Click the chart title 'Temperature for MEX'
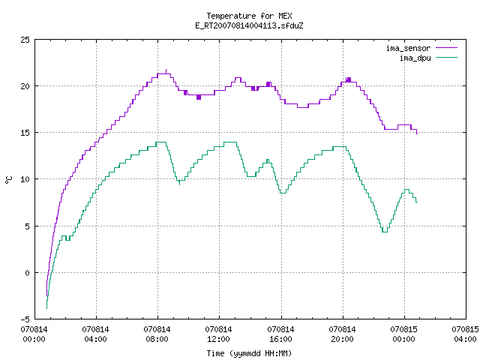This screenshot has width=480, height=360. pyautogui.click(x=249, y=16)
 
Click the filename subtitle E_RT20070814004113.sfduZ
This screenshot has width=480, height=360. pyautogui.click(x=249, y=25)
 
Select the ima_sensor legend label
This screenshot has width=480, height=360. pyautogui.click(x=408, y=48)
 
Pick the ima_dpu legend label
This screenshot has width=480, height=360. pyautogui.click(x=415, y=58)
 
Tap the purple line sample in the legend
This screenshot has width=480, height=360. pyautogui.click(x=446, y=48)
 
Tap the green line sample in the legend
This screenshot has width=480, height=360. pyautogui.click(x=446, y=58)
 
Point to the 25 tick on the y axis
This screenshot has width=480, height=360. pyautogui.click(x=25, y=40)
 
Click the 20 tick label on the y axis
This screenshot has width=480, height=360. pyautogui.click(x=25, y=86)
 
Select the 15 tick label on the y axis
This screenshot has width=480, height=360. pyautogui.click(x=25, y=133)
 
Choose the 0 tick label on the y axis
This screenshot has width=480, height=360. pyautogui.click(x=27, y=273)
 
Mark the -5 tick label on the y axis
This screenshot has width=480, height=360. pyautogui.click(x=25, y=319)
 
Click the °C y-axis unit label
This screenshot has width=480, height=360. pyautogui.click(x=9, y=180)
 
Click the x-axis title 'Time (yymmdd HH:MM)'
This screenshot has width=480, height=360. pyautogui.click(x=249, y=353)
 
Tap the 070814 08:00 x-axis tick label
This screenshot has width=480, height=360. pyautogui.click(x=157, y=334)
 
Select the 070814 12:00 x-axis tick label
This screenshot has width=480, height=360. pyautogui.click(x=218, y=334)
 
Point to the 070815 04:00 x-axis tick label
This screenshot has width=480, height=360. pyautogui.click(x=465, y=334)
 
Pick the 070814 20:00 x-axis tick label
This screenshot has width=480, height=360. pyautogui.click(x=342, y=334)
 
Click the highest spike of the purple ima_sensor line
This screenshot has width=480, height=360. pyautogui.click(x=166, y=70)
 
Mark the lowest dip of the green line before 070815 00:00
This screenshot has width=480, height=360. pyautogui.click(x=385, y=232)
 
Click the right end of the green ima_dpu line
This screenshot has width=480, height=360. pyautogui.click(x=417, y=202)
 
